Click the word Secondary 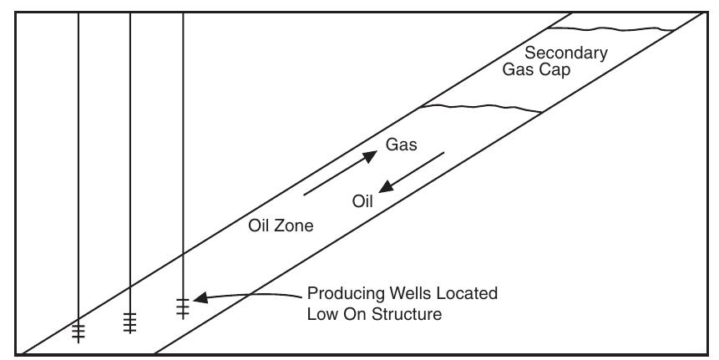coord(566,53)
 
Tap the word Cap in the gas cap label coord(556,70)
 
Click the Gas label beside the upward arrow coord(401,145)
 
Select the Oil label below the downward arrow coord(362,201)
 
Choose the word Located coord(468,293)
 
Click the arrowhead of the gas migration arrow coord(370,155)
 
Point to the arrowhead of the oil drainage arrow coord(386,186)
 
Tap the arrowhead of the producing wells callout coord(201,298)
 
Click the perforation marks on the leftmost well coord(78,333)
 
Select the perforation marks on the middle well coord(129,323)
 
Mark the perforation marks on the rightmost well coord(183,308)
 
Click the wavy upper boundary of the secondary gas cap coord(610,29)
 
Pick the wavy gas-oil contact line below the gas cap coord(481,109)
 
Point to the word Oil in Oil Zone coord(259,226)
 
